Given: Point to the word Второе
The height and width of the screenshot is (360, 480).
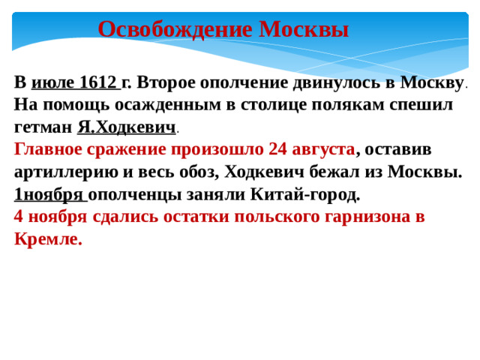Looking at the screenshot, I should pos(169,82).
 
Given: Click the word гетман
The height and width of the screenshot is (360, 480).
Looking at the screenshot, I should pos(43,127).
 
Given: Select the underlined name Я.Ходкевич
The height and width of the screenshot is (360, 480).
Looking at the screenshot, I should pos(126,127).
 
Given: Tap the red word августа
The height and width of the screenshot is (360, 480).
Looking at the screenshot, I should pos(318,150).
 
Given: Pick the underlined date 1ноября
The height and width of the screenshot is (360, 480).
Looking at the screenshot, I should pos(50,195).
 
